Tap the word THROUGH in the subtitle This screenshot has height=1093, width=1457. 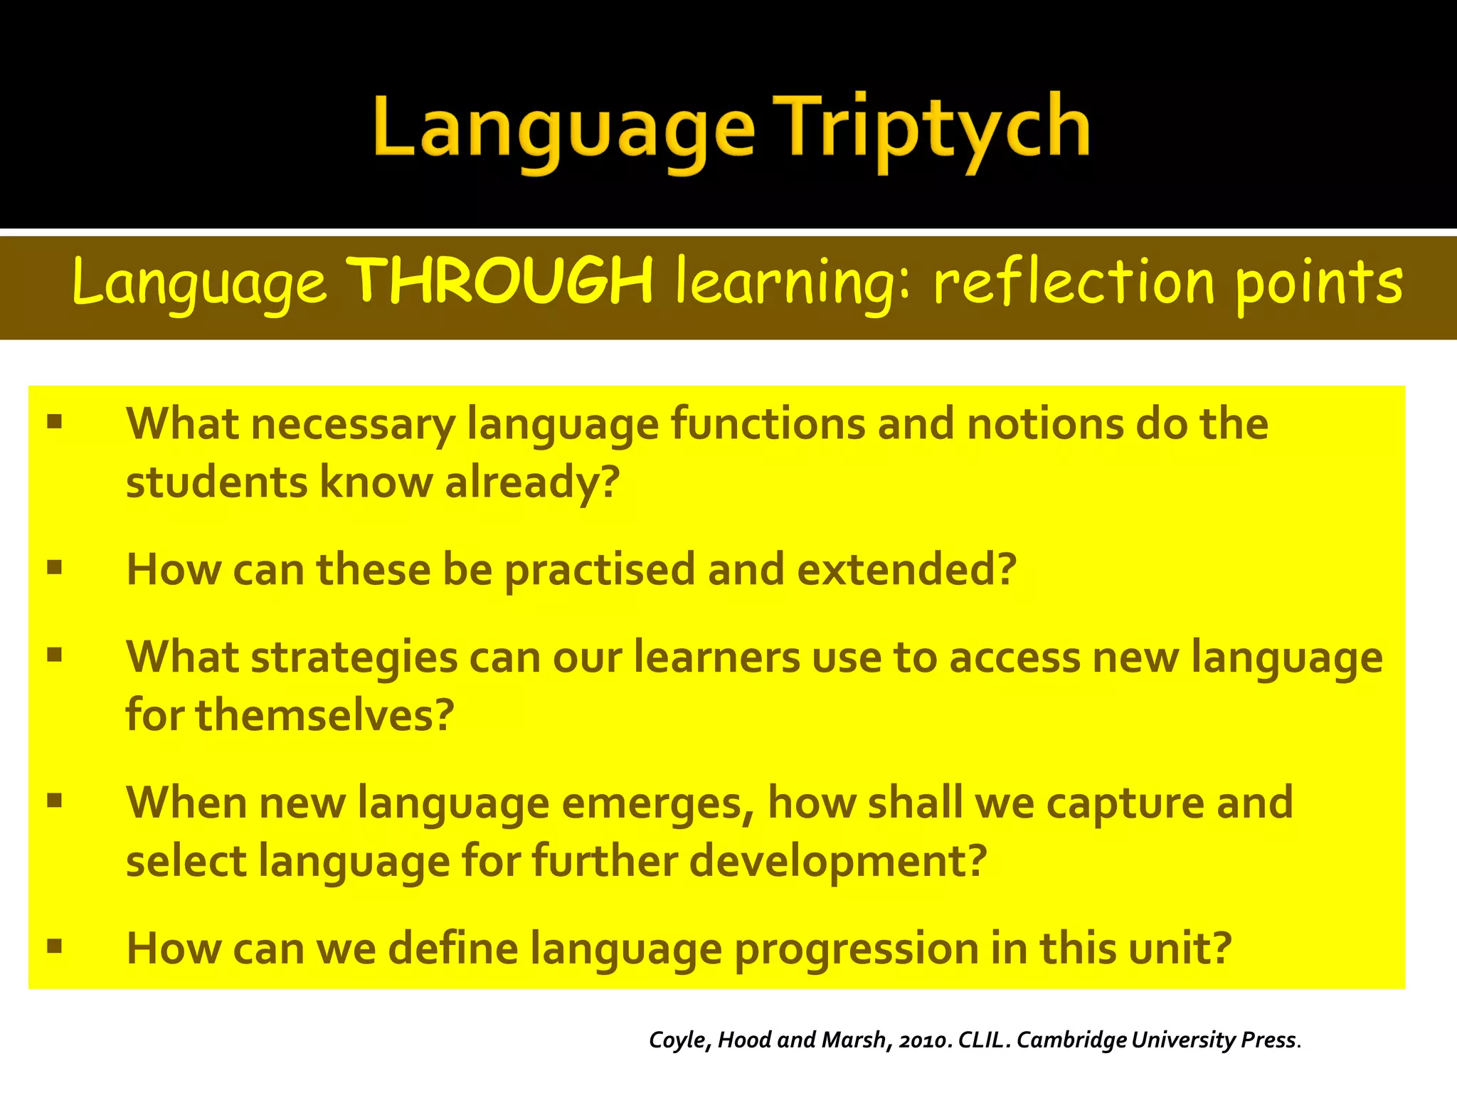pyautogui.click(x=502, y=281)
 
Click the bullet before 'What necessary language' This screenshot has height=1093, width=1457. pyautogui.click(x=55, y=423)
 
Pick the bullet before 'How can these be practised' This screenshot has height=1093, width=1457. pyautogui.click(x=55, y=568)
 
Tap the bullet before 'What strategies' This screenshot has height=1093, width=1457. pyautogui.click(x=55, y=655)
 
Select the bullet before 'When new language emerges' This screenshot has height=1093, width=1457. pyautogui.click(x=55, y=801)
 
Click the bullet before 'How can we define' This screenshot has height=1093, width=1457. pyautogui.click(x=55, y=946)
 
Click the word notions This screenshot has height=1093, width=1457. pyautogui.click(x=1044, y=424)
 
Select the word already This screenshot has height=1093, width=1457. pyautogui.click(x=532, y=483)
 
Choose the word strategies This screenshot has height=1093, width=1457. pyautogui.click(x=354, y=658)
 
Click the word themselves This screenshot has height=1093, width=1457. pyautogui.click(x=324, y=716)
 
